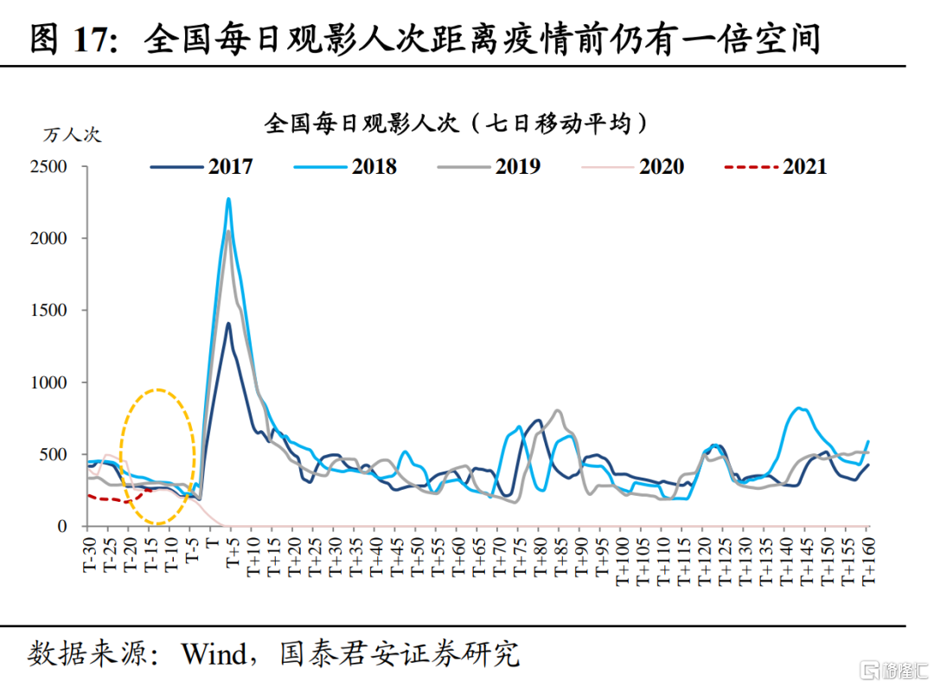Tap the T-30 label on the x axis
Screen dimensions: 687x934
click(89, 549)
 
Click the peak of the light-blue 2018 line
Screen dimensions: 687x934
click(228, 200)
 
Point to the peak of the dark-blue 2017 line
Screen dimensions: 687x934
click(228, 324)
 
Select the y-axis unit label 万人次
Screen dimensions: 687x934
click(73, 134)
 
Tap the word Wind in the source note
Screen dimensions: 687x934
click(213, 653)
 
